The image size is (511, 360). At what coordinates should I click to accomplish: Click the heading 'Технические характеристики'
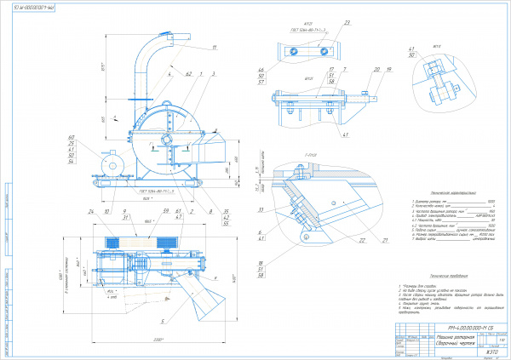(434, 194)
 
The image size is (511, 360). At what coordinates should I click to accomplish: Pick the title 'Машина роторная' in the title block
(433, 338)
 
